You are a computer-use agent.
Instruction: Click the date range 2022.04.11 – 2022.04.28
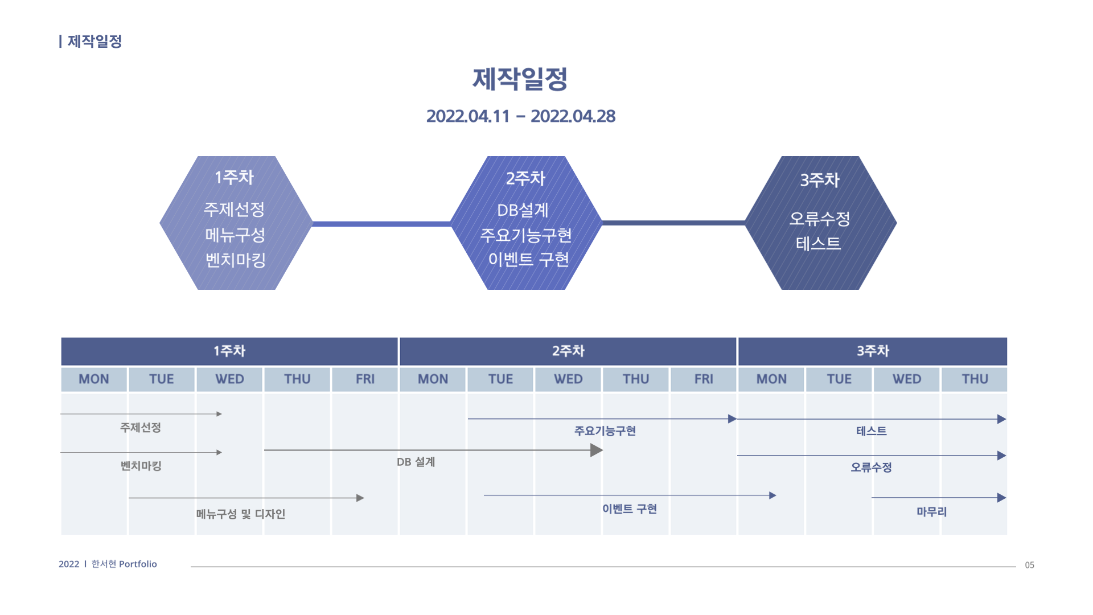520,116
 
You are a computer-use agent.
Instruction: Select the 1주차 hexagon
236,223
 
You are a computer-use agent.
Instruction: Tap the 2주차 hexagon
526,223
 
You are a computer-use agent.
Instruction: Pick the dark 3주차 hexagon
820,223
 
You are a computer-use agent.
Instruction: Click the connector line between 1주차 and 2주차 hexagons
381,224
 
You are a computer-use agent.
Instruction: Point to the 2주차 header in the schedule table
568,351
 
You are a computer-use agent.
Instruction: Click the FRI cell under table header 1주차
365,379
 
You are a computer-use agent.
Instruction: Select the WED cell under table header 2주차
568,379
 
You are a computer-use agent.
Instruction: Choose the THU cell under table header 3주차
975,379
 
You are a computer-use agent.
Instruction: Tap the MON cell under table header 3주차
771,379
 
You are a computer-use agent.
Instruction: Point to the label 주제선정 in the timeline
141,428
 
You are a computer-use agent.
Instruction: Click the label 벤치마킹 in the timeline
141,466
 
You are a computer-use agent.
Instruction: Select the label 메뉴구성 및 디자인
241,514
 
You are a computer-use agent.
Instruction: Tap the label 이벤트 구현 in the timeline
630,509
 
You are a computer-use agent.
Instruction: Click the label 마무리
931,512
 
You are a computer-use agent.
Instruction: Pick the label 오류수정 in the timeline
871,468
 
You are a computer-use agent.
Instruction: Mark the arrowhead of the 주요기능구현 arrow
733,419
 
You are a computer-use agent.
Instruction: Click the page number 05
1029,565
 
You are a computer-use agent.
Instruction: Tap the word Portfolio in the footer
138,564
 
